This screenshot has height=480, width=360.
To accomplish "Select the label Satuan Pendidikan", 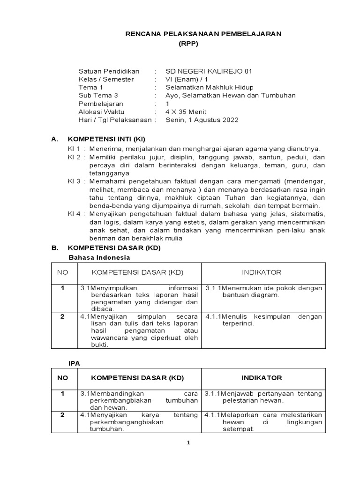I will point(109,71).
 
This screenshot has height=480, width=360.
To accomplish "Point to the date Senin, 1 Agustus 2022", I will point(202,120).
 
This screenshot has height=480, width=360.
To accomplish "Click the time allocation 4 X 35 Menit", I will point(186,112).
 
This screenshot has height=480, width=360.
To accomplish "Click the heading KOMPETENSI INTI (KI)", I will point(107,139).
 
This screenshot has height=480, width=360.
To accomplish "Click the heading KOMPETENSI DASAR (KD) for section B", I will point(114,248).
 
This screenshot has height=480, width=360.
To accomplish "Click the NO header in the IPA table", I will point(62,378).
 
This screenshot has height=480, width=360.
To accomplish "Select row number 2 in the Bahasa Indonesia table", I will point(62,317).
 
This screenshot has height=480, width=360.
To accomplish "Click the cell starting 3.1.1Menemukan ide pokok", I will point(264,292).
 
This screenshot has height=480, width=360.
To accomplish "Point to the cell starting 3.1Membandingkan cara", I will point(139,400).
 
